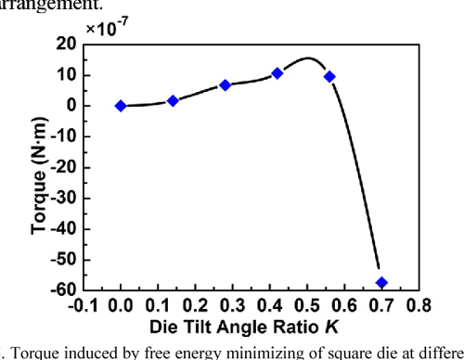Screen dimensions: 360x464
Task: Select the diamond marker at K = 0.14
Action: (173, 100)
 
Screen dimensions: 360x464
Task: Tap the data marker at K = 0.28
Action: (225, 84)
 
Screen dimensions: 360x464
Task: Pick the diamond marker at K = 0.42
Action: (277, 73)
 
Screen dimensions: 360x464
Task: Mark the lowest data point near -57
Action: (381, 282)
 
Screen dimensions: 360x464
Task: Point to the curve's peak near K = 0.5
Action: (308, 58)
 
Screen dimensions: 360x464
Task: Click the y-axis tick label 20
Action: (67, 45)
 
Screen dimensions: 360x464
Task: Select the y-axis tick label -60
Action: (63, 289)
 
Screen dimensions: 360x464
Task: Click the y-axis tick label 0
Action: (71, 106)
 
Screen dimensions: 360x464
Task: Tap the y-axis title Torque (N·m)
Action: (28, 167)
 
